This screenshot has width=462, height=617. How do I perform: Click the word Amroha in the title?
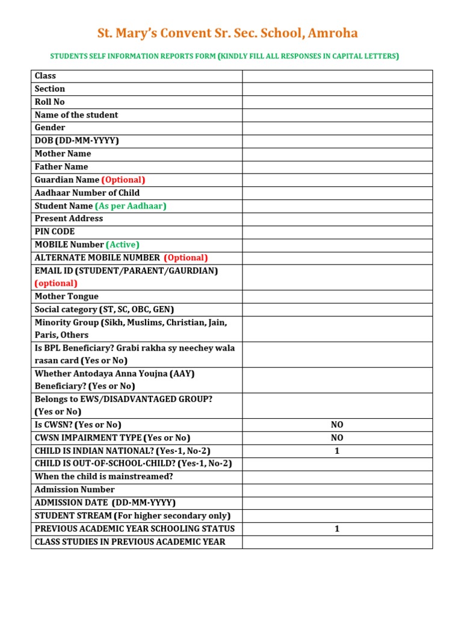[x=332, y=33]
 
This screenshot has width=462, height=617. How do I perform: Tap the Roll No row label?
[x=50, y=102]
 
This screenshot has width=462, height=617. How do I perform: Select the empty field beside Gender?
[x=337, y=128]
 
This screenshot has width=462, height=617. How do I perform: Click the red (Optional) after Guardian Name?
[x=123, y=180]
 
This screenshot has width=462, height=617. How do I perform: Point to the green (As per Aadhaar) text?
[x=131, y=205]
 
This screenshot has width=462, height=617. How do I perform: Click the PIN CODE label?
[x=55, y=231]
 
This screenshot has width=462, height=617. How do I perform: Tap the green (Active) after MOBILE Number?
[x=123, y=245]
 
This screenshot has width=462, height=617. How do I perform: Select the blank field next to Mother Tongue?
[x=337, y=296]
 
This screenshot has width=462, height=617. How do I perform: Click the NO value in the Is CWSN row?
[x=337, y=425]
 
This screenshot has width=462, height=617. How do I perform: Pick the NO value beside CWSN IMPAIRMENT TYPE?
[x=337, y=438]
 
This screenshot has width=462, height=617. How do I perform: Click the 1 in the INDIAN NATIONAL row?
[x=337, y=451]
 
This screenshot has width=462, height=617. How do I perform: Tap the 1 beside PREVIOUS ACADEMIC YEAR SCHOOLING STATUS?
[x=337, y=528]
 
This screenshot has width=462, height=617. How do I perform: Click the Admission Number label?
[x=75, y=489]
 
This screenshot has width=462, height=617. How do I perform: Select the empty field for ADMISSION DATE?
[x=337, y=503]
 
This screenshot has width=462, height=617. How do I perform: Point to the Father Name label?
[x=61, y=166]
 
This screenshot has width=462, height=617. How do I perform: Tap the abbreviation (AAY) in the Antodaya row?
[x=182, y=374]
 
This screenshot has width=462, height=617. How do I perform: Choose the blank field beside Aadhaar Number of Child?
[x=337, y=193]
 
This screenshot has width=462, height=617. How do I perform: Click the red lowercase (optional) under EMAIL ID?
[x=56, y=283]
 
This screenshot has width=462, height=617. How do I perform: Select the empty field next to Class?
[x=337, y=76]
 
